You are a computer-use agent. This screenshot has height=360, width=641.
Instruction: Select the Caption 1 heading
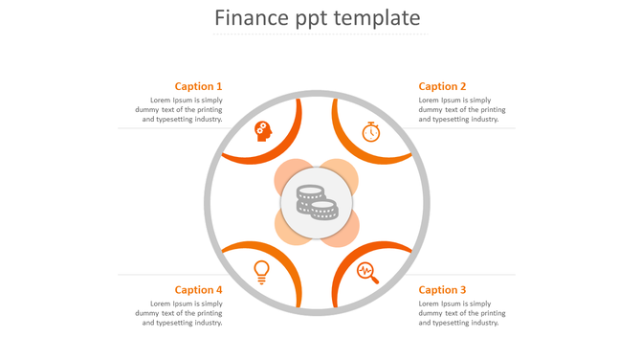[198, 86]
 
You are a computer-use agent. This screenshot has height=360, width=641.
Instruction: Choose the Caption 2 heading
[442, 86]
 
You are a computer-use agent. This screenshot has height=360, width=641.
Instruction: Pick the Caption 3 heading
[442, 290]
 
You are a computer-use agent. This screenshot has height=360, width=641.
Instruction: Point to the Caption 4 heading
[198, 290]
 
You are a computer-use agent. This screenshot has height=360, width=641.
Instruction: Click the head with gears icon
[263, 131]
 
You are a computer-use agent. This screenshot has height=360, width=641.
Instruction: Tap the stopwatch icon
[371, 132]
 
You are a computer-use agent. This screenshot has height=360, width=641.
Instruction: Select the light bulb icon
[261, 272]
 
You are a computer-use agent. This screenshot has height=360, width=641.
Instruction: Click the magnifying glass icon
[367, 273]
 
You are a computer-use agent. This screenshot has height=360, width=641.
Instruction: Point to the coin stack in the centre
[317, 202]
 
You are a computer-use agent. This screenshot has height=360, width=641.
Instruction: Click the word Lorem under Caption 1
[162, 101]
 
